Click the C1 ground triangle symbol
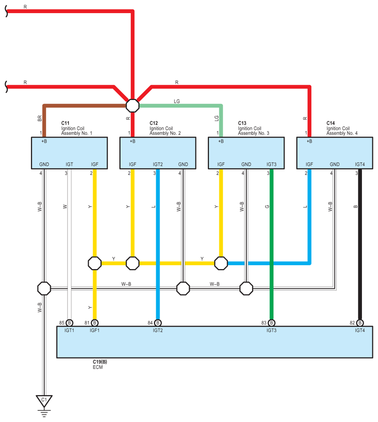pyautogui.click(x=44, y=401)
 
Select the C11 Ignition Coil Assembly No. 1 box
pyautogui.click(x=69, y=153)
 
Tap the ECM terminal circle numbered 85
pyautogui.click(x=69, y=322)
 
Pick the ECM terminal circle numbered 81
pyautogui.click(x=94, y=322)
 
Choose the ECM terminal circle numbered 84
pyautogui.click(x=158, y=322)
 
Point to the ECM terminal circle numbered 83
pyautogui.click(x=271, y=322)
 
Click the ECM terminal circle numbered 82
pyautogui.click(x=360, y=322)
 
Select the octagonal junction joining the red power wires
pyautogui.click(x=132, y=105)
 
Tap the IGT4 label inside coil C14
pyautogui.click(x=360, y=165)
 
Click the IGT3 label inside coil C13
pyautogui.click(x=271, y=165)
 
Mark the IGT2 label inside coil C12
pyautogui.click(x=158, y=165)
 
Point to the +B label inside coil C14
pyautogui.click(x=309, y=141)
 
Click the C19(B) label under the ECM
pyautogui.click(x=100, y=362)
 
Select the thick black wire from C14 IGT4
pyautogui.click(x=360, y=243)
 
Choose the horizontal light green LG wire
pyautogui.click(x=180, y=105)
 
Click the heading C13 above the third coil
pyautogui.click(x=242, y=123)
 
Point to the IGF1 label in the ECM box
pyautogui.click(x=94, y=330)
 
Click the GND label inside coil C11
pyautogui.click(x=44, y=165)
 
